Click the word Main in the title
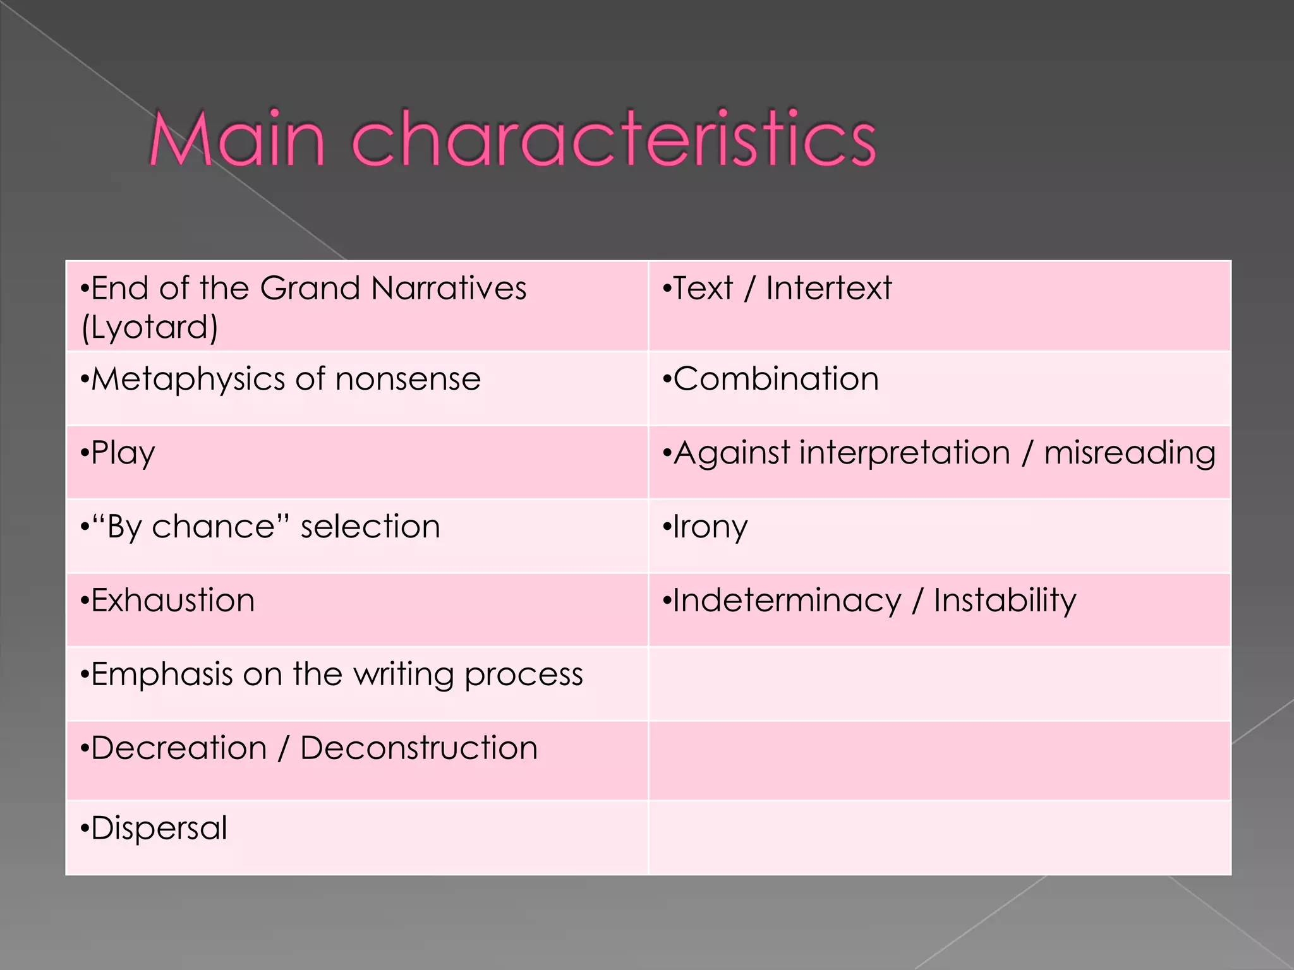point(237,139)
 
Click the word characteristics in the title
point(613,139)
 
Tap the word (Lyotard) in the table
point(150,327)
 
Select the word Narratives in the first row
point(449,288)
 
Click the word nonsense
point(408,380)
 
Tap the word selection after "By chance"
point(370,527)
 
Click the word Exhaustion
point(172,600)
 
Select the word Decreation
point(179,748)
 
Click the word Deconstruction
point(418,748)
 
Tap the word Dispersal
point(159,828)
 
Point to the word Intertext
point(829,288)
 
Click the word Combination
point(776,379)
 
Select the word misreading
point(1130,453)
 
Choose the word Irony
point(710,527)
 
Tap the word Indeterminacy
point(787,601)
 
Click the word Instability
point(1005,600)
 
